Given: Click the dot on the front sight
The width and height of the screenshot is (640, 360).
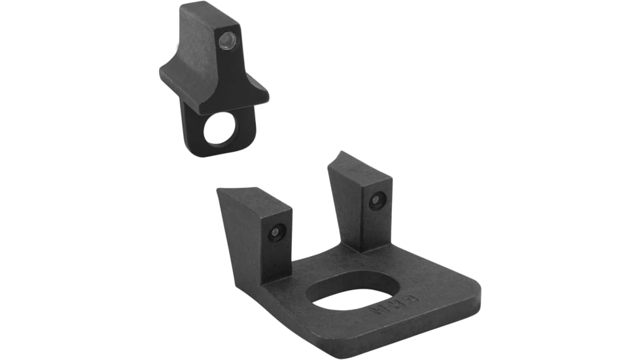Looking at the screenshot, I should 226,41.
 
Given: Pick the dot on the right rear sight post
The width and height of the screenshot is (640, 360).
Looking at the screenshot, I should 376,200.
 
